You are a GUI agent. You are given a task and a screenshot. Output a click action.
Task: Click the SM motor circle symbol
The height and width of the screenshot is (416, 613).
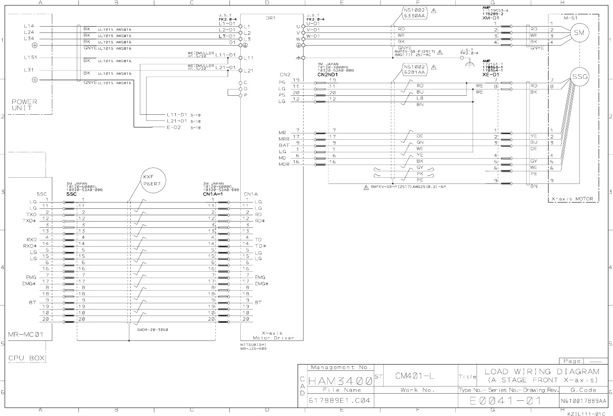click(x=579, y=33)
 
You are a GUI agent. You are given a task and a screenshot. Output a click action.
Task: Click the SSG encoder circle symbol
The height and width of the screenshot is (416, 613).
click(x=579, y=76)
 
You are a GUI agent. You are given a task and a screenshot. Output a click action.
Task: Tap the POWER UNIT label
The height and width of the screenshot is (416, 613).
click(x=24, y=105)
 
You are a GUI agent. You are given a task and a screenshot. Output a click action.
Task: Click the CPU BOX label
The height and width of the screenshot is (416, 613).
click(x=26, y=358)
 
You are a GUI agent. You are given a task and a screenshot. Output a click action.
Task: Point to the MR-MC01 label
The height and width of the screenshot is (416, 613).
click(x=25, y=335)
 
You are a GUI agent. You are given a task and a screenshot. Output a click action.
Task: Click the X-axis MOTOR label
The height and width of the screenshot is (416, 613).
click(x=572, y=199)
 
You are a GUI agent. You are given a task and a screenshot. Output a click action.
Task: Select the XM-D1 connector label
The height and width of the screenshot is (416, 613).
click(x=491, y=18)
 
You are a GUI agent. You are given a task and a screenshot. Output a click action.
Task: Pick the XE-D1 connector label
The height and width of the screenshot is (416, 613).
click(x=490, y=74)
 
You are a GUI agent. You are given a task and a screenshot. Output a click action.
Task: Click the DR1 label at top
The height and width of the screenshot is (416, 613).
click(x=271, y=18)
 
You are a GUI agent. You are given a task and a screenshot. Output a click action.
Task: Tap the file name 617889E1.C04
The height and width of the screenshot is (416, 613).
click(x=340, y=400)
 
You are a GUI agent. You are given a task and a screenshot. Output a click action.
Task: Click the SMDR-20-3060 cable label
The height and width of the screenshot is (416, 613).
click(x=153, y=330)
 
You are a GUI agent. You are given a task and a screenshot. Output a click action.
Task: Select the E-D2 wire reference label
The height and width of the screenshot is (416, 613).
click(x=174, y=127)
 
